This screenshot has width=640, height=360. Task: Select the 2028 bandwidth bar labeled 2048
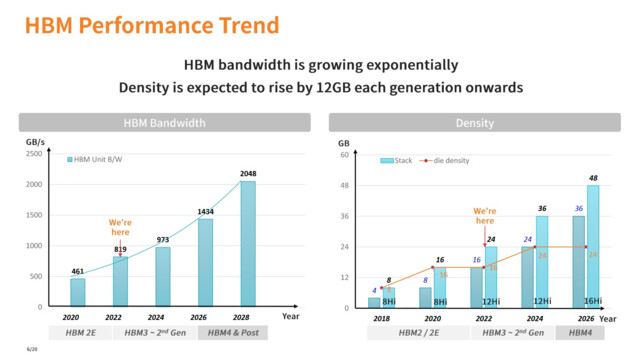(x=247, y=244)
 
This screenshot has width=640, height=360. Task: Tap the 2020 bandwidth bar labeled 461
(x=77, y=292)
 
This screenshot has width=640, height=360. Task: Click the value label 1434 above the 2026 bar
(x=204, y=211)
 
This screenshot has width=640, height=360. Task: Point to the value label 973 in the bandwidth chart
(x=162, y=239)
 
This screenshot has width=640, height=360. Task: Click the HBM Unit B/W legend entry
(x=109, y=160)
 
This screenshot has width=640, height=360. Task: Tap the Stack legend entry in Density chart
(x=397, y=160)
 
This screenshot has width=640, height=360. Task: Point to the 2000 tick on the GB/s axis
(x=34, y=184)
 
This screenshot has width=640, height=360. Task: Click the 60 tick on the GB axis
(x=343, y=155)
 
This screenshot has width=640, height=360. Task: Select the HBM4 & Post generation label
(x=232, y=332)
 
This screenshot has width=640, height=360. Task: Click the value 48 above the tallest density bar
(x=594, y=178)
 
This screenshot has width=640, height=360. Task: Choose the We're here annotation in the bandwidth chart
(x=120, y=226)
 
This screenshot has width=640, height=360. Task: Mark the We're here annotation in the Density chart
(x=484, y=216)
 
